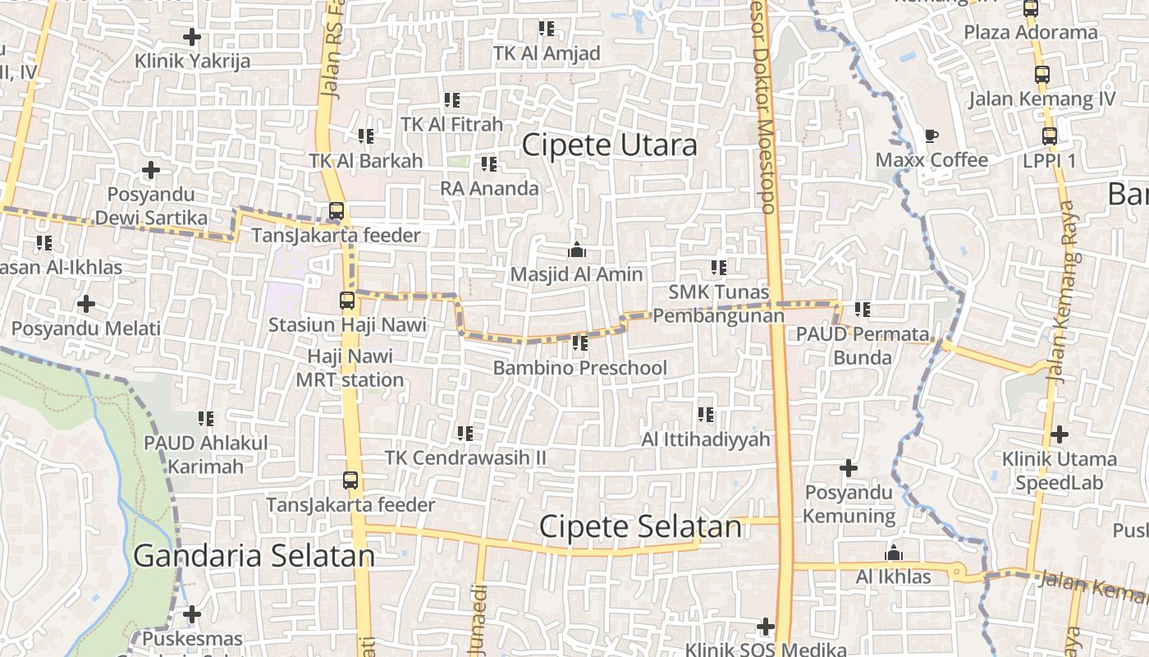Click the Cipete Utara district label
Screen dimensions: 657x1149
[609, 145]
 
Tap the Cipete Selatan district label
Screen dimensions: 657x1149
[640, 526]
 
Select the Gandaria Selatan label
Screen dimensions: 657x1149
[254, 556]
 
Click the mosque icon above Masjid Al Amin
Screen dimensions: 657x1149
[576, 250]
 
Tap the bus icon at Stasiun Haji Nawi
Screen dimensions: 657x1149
[347, 301]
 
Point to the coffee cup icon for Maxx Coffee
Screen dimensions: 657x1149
[931, 136]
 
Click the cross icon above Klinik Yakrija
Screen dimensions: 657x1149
[192, 37]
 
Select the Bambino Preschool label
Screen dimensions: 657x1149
[579, 367]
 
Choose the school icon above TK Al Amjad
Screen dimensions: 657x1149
[547, 30]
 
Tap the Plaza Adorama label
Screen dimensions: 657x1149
[1030, 32]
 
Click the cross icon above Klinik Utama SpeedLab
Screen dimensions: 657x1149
[1060, 434]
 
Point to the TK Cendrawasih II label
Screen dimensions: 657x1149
[465, 457]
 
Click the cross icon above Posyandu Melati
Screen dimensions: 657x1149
[85, 304]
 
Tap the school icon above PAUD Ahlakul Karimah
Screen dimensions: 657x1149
[206, 419]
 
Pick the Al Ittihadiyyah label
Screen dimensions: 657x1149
[706, 439]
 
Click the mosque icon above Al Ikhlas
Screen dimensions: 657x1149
[894, 554]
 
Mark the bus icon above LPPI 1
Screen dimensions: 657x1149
[1050, 136]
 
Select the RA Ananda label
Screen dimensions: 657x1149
[489, 188]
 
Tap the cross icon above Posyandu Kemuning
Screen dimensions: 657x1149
[849, 468]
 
